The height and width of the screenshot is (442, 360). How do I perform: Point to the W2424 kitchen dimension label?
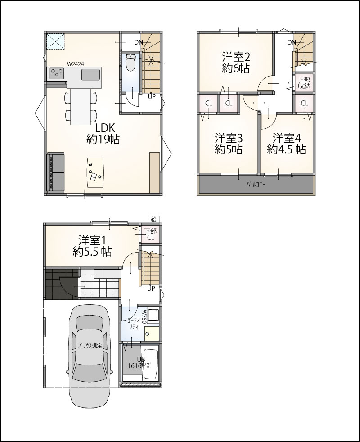click(75, 64)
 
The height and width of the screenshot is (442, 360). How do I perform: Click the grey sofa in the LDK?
click(55, 172)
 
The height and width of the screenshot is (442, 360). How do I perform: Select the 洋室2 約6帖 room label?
click(236, 63)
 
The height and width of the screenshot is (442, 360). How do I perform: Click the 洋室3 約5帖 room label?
click(229, 144)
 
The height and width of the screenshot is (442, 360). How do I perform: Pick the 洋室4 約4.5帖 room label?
click(286, 144)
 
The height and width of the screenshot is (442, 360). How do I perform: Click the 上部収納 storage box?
click(304, 83)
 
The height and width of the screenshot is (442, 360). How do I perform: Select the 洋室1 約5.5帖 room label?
click(92, 245)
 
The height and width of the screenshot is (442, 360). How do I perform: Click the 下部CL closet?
click(151, 234)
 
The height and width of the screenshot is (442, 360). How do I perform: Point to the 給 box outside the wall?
click(153, 219)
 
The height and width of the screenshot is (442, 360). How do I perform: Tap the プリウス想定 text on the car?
click(90, 346)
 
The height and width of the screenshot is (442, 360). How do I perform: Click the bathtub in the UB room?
click(151, 365)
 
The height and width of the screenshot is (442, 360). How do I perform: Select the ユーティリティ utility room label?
click(132, 324)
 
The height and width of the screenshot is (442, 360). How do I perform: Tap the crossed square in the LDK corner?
click(56, 42)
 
